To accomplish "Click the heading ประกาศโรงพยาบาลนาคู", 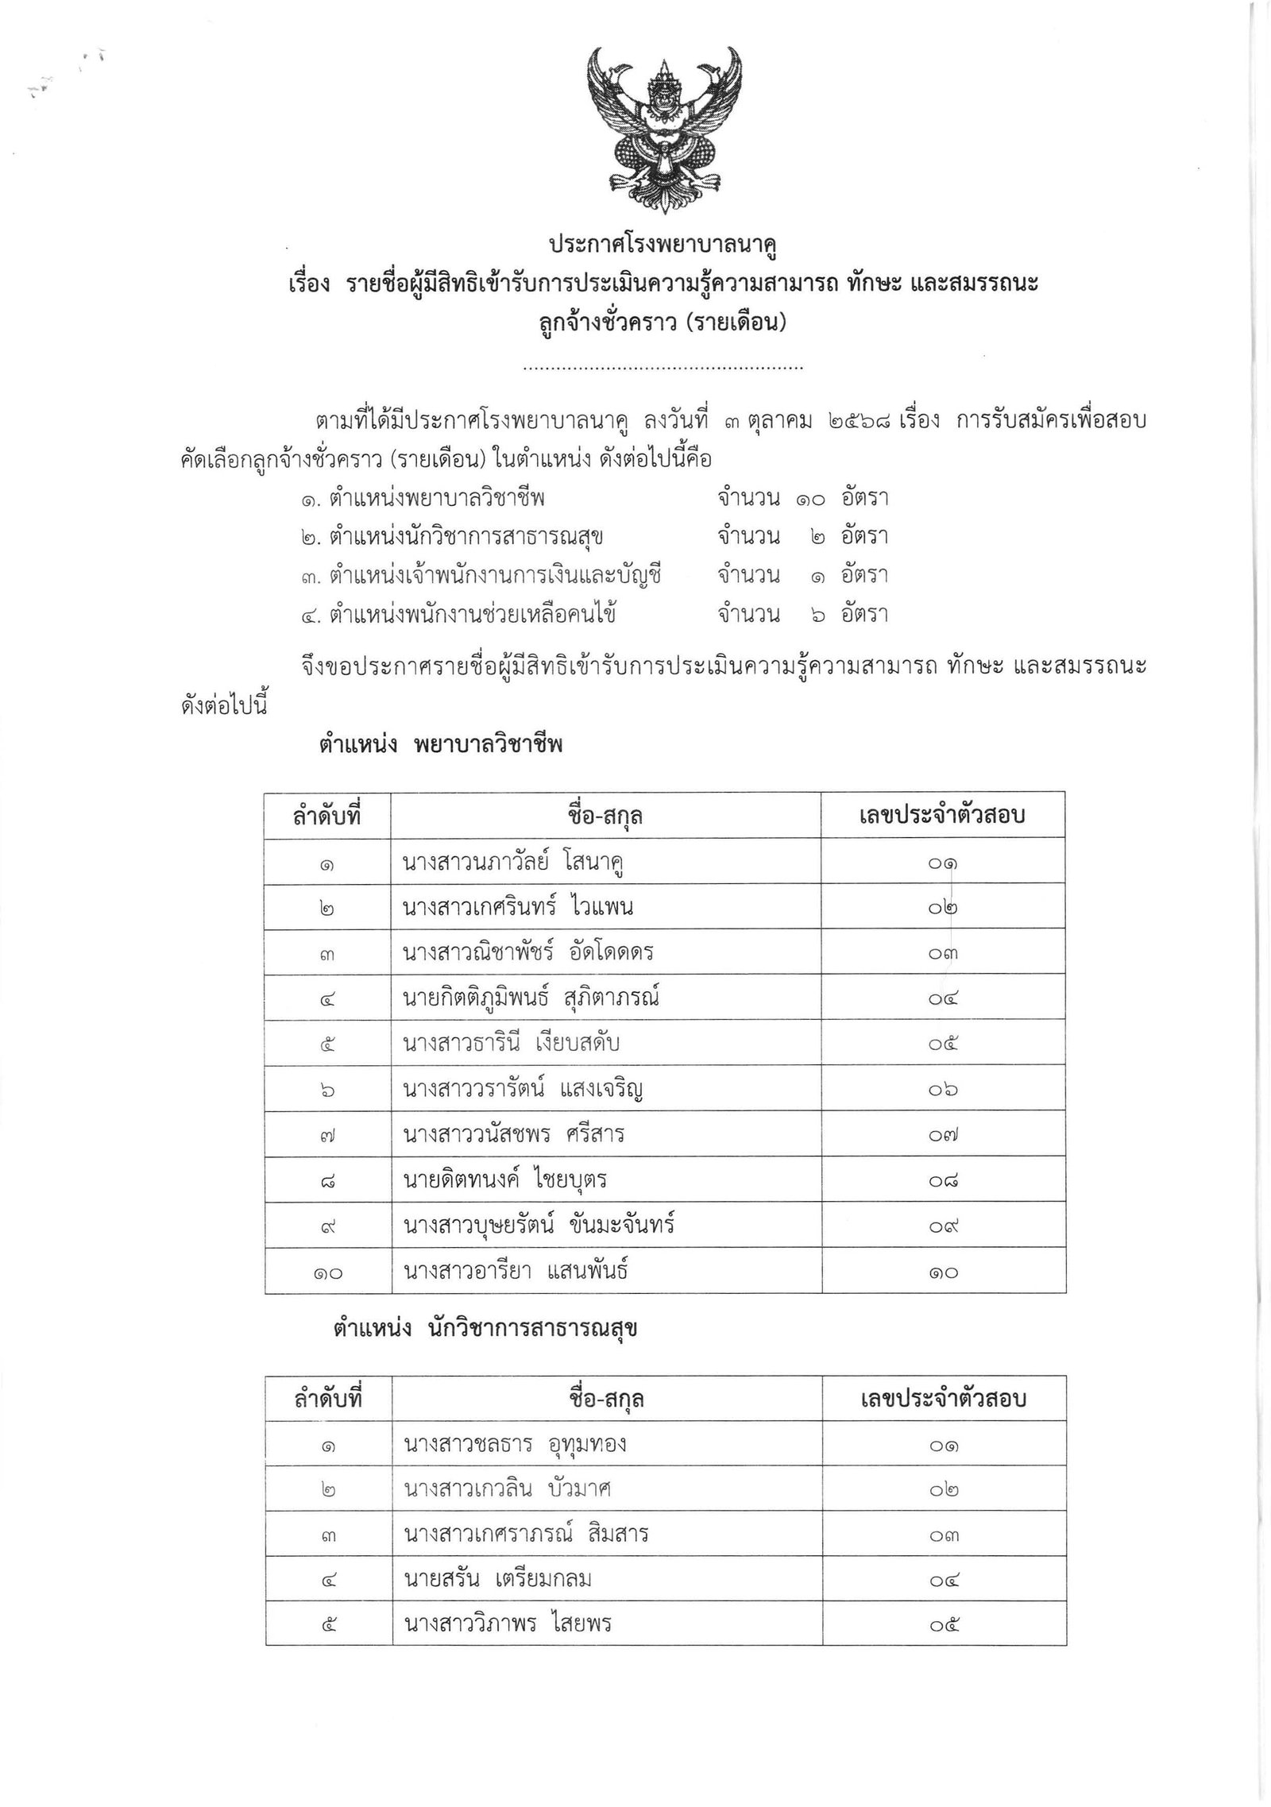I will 663,245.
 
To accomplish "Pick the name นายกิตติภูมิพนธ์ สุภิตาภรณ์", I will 531,998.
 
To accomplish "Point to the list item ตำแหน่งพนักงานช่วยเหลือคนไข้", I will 461,613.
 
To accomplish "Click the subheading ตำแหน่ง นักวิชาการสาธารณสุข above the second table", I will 485,1330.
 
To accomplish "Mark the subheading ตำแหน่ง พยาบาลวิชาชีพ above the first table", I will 441,744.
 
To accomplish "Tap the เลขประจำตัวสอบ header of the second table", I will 944,1398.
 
